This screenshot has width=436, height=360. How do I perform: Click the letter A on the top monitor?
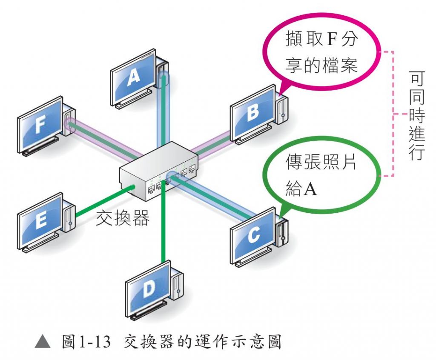point(134,77)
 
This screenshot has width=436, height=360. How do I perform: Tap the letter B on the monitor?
point(252,113)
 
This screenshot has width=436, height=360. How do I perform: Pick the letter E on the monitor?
point(41,221)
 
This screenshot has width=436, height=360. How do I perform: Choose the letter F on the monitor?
point(40,126)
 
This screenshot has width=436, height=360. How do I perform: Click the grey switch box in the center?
point(158,170)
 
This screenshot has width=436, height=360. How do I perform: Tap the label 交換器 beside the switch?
point(123,218)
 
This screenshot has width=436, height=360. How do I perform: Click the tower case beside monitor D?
point(178,281)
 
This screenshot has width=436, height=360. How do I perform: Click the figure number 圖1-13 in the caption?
point(86,341)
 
